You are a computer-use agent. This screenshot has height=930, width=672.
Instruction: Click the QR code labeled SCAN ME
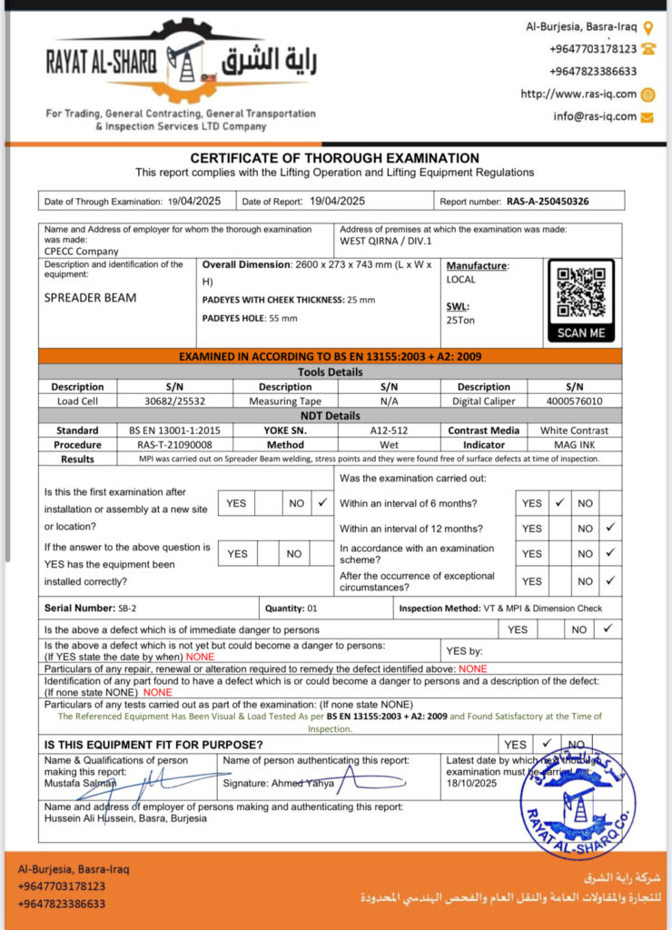click(581, 292)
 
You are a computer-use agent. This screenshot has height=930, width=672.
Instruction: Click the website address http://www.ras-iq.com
click(578, 94)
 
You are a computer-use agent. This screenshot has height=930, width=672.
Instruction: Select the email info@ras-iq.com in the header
click(595, 116)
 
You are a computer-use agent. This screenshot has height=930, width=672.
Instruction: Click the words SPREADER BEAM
click(91, 297)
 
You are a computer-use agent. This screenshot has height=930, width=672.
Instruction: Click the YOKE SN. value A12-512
click(391, 430)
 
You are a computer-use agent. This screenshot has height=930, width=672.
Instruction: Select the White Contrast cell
click(575, 430)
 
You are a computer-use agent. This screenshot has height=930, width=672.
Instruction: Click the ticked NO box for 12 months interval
click(609, 527)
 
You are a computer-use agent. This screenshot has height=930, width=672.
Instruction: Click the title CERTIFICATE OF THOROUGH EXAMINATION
click(334, 158)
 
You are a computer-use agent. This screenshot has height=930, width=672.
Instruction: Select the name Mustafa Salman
click(74, 781)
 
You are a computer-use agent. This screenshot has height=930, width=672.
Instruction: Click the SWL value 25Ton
click(460, 320)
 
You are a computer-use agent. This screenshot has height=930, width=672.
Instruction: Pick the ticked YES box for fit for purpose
click(547, 744)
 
